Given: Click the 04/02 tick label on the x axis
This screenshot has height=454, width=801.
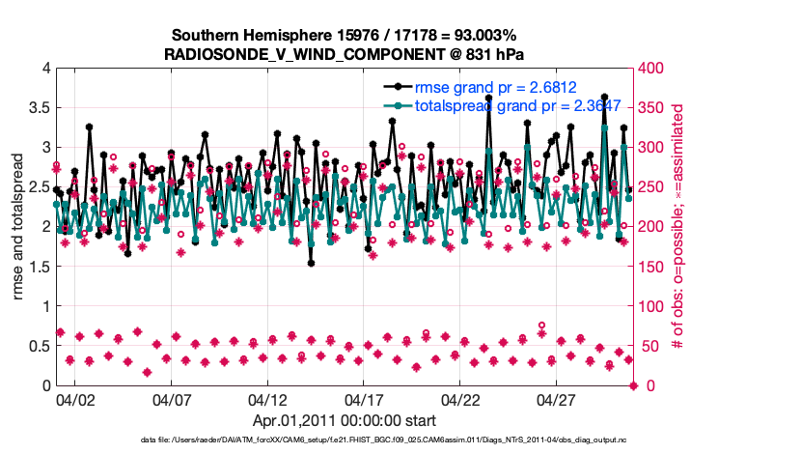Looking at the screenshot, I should point(74,399).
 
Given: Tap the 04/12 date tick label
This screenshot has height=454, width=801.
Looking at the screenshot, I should point(267,399).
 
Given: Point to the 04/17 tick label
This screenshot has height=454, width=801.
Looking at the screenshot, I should point(364,399).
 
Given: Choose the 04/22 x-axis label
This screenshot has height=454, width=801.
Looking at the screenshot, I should point(460,399).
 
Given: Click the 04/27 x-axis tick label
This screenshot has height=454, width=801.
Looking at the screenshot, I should point(557,399).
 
